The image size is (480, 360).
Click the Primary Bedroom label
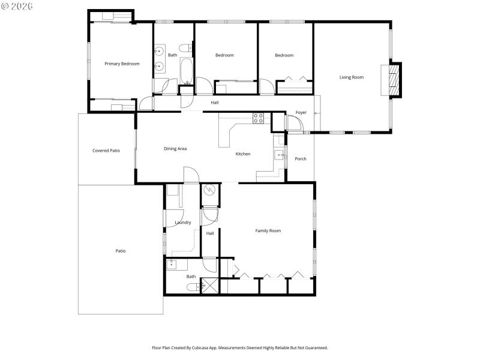[x=122, y=64]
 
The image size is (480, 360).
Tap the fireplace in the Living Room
[x=394, y=79]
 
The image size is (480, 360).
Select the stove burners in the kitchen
[x=259, y=118]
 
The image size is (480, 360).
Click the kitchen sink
[x=280, y=155]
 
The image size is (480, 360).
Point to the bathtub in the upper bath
[x=186, y=70]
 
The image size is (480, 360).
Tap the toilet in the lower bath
[x=191, y=287]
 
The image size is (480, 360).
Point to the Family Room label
[x=268, y=231]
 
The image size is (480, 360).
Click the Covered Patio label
[x=106, y=151]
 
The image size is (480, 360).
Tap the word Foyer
[x=301, y=113]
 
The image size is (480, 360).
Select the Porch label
[x=301, y=159]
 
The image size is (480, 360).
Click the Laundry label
[x=183, y=223]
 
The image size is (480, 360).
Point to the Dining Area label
[x=175, y=148]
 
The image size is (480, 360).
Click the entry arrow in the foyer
[x=317, y=113]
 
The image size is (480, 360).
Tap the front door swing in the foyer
[x=293, y=124]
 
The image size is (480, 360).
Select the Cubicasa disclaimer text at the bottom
[x=240, y=347]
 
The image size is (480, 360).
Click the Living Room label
[x=352, y=77]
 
